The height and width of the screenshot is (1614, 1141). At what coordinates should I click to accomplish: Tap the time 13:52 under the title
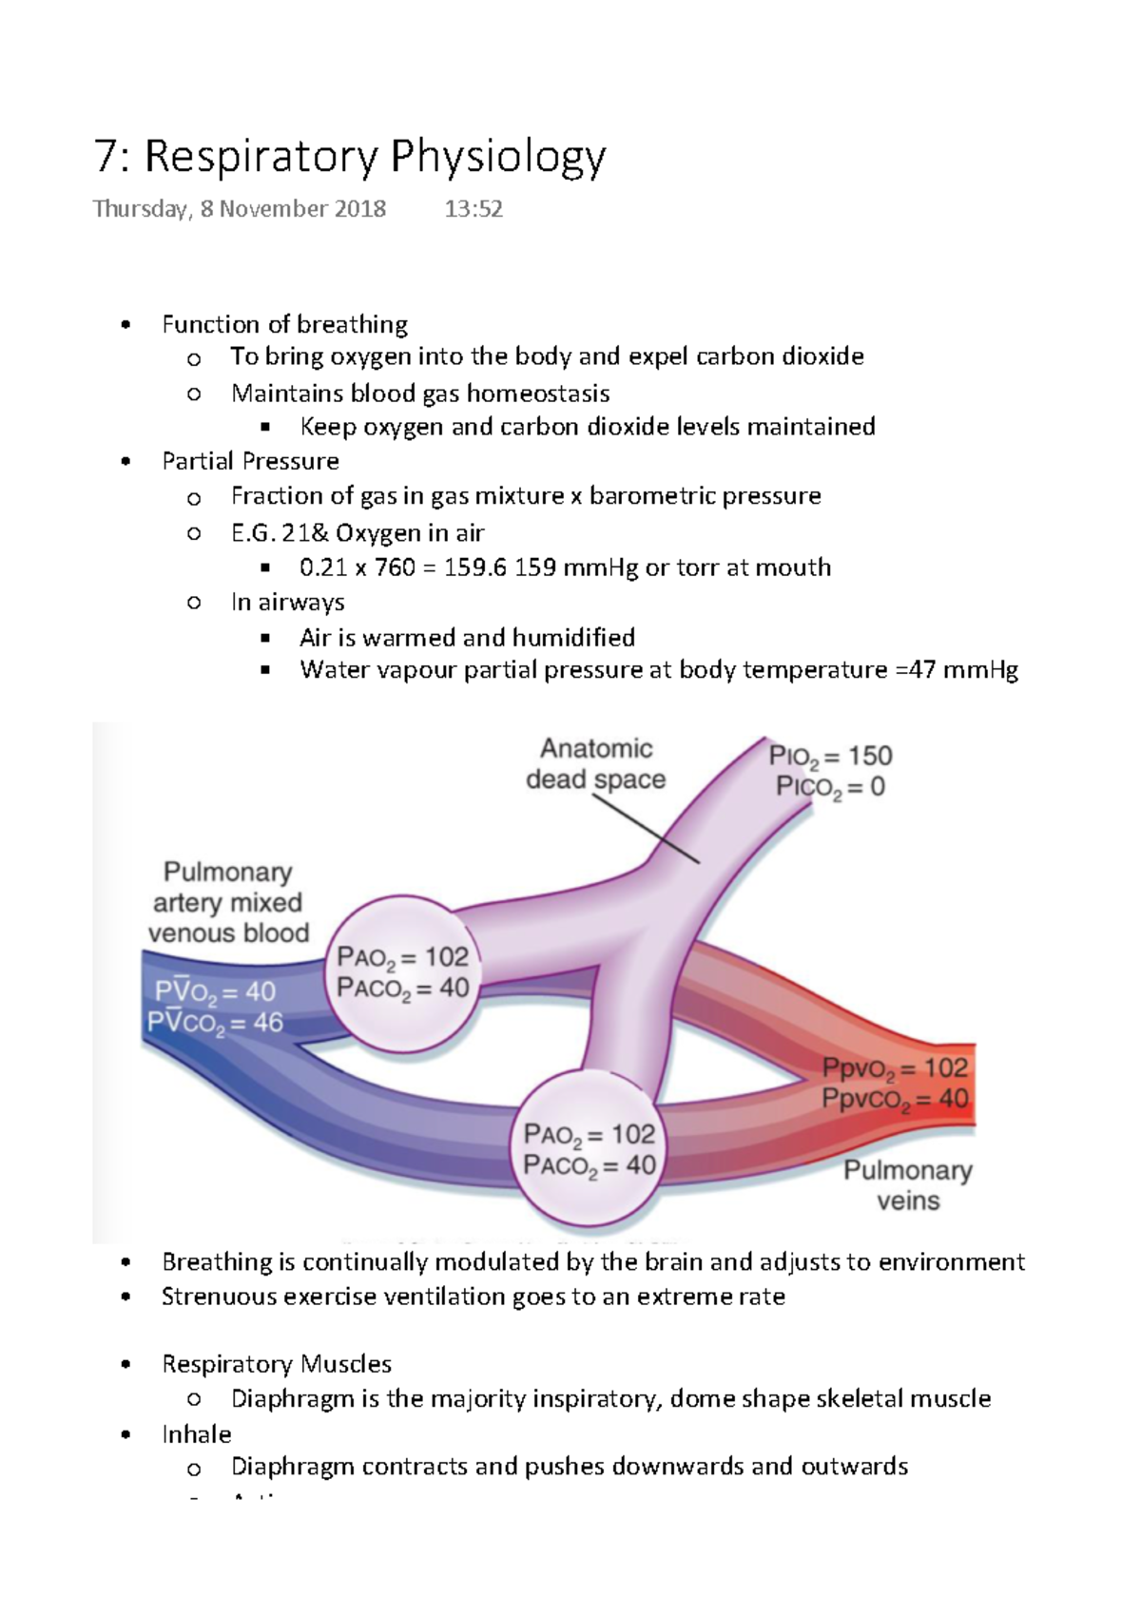click(474, 209)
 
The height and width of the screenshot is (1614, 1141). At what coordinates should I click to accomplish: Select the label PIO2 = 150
click(830, 757)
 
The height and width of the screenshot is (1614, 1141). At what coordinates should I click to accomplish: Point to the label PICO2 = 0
click(830, 787)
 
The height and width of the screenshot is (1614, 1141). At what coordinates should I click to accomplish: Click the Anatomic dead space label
click(595, 764)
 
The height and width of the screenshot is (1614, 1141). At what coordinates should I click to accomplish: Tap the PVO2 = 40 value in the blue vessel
click(215, 992)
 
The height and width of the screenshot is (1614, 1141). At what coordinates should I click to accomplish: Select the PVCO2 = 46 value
click(215, 1024)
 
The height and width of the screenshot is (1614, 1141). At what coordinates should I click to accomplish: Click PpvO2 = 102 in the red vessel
click(895, 1069)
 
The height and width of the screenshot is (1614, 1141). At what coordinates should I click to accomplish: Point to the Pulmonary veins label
click(907, 1185)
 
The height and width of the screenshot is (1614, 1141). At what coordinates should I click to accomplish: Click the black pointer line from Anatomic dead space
click(647, 830)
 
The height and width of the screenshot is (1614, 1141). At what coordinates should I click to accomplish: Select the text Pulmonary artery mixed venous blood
click(227, 903)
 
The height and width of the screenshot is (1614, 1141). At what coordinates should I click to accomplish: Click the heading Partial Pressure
click(250, 462)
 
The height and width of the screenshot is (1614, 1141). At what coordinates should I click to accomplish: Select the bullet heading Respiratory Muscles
click(276, 1365)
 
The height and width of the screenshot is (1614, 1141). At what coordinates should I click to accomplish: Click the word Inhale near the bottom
click(196, 1434)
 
